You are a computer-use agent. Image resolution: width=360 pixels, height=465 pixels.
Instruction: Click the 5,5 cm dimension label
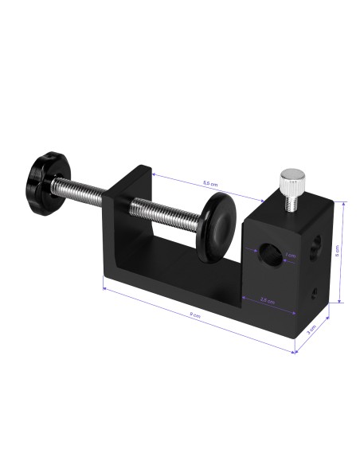[209, 183]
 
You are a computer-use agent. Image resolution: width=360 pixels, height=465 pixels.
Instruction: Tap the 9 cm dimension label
[195, 315]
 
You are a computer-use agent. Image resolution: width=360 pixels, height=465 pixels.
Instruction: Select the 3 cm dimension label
[313, 327]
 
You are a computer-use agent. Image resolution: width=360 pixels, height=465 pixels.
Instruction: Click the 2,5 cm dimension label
[268, 301]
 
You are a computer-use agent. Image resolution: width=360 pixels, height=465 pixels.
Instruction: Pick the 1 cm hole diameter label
[290, 256]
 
